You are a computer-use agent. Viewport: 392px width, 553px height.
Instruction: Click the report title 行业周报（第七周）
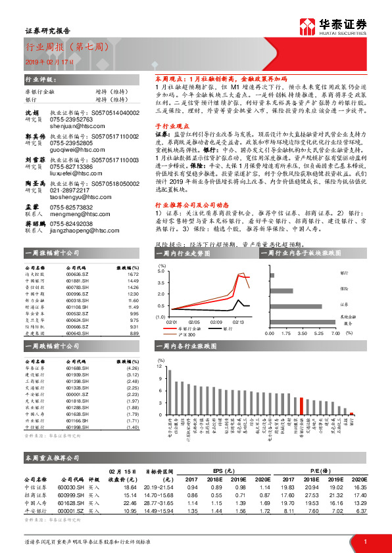63,48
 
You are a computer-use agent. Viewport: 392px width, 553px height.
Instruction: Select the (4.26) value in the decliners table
131,368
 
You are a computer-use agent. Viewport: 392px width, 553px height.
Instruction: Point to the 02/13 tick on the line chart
237,322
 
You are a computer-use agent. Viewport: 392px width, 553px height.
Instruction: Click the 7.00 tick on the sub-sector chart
334,333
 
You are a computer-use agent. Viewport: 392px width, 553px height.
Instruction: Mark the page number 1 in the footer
365,541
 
